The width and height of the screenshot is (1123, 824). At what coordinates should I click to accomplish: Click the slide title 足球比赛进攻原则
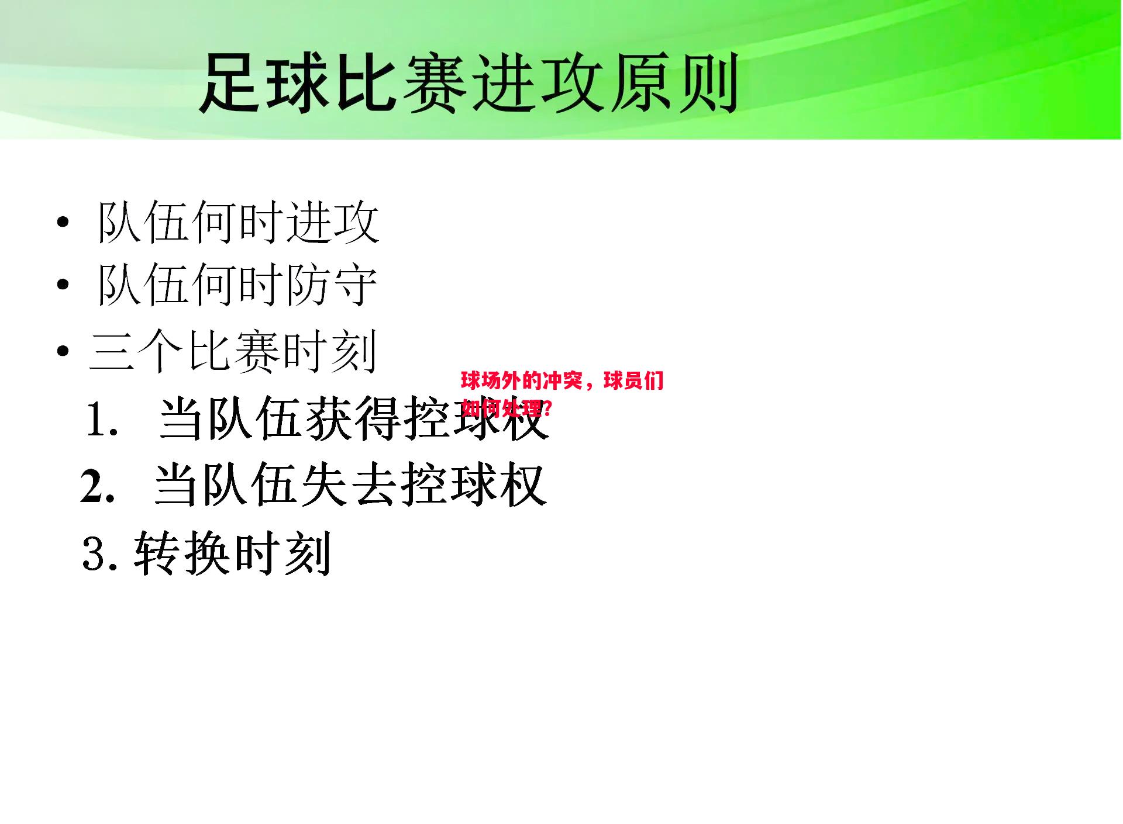[x=468, y=83]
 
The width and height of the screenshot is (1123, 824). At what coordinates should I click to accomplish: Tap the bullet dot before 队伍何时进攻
[x=63, y=223]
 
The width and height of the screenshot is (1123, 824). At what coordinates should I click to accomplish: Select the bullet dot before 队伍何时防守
[x=63, y=285]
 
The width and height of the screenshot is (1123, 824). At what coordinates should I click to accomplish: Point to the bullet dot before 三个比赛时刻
[x=63, y=352]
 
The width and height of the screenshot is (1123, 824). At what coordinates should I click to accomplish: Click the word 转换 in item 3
[x=181, y=553]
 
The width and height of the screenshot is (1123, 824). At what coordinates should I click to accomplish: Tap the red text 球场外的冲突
[x=522, y=381]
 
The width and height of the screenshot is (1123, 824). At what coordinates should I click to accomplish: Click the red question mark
[x=547, y=407]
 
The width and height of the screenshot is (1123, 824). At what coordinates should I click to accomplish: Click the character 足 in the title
[x=229, y=83]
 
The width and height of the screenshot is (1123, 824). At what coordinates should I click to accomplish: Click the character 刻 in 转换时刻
[x=308, y=553]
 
